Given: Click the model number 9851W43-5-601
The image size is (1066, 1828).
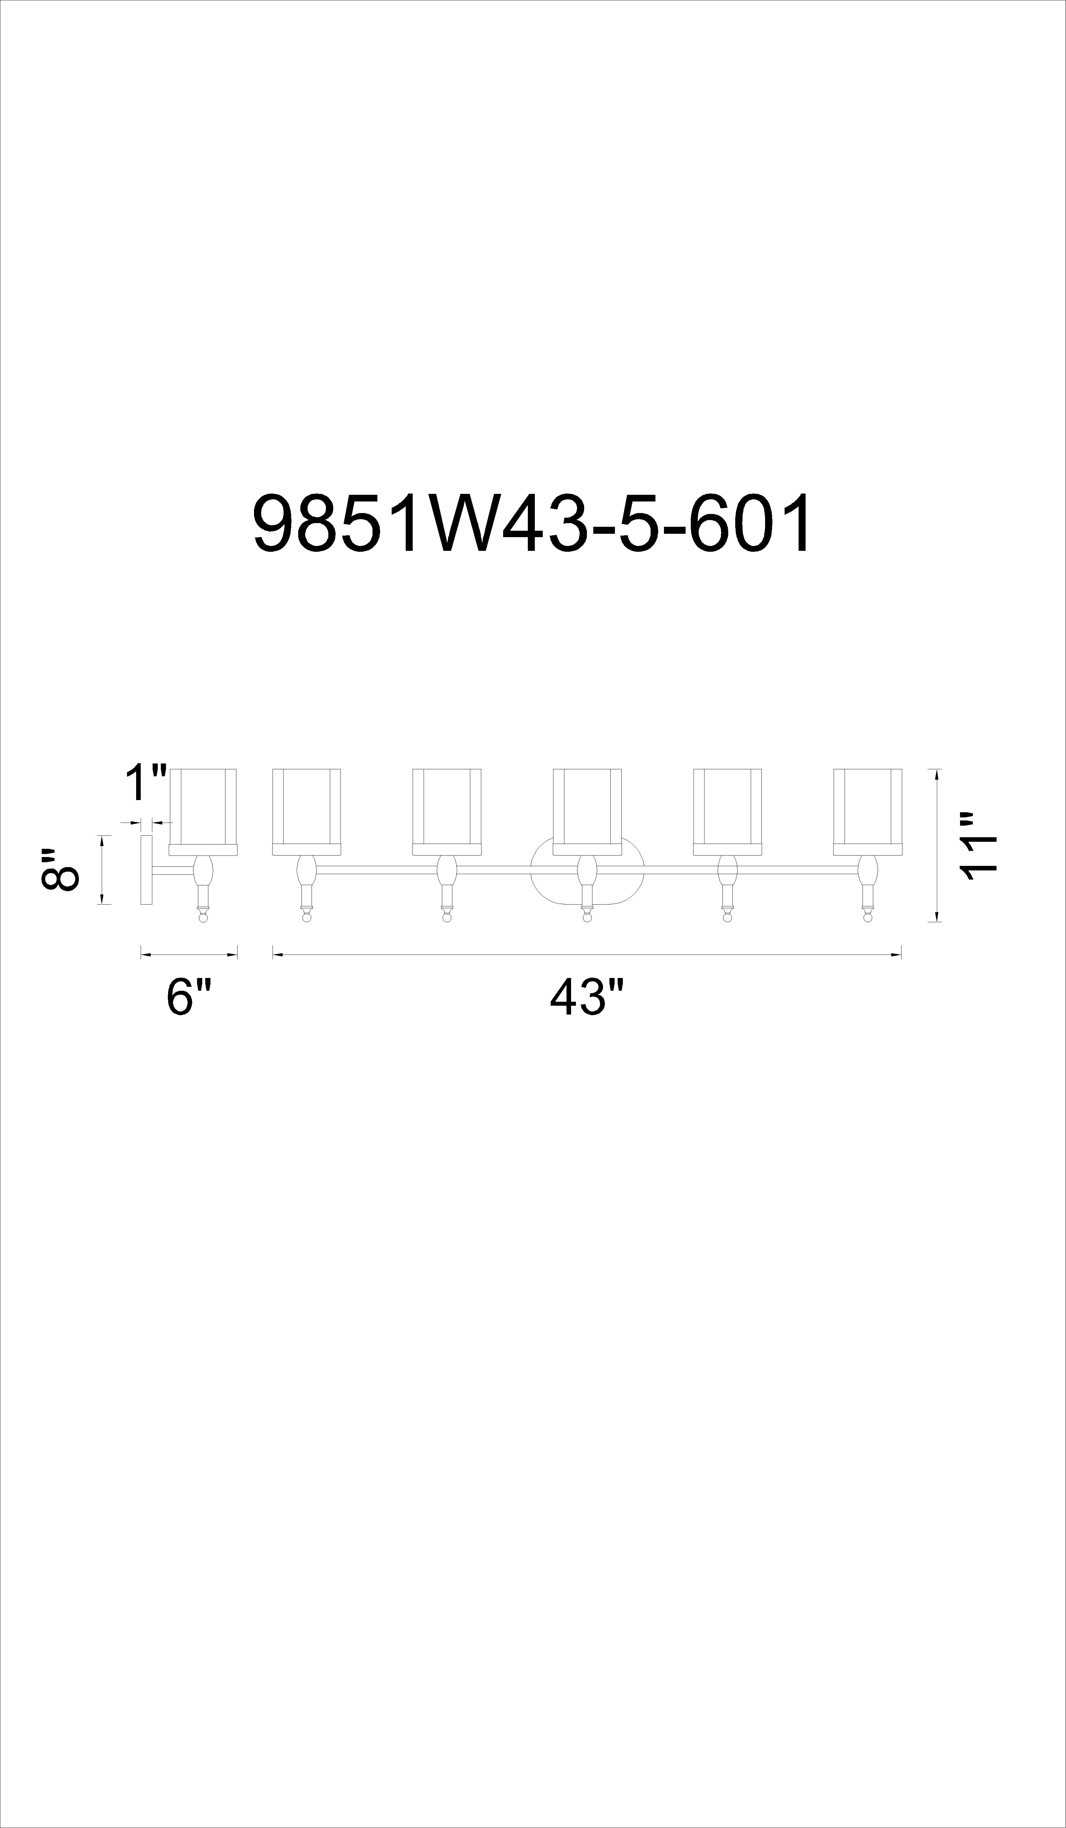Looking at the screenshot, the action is coord(533,524).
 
